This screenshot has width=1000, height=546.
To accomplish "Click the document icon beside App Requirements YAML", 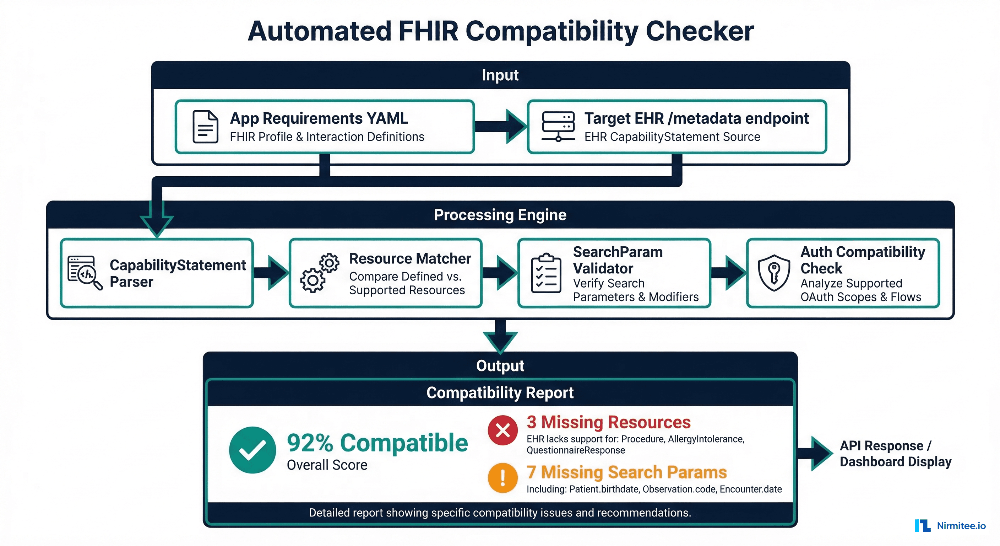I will pos(205,127).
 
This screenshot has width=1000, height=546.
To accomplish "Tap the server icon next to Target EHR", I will pos(558,126).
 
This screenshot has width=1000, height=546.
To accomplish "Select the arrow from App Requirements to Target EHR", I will pos(501,126).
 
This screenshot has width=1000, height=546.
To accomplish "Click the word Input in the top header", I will pos(500,75).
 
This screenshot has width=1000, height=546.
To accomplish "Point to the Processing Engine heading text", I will pos(500,215).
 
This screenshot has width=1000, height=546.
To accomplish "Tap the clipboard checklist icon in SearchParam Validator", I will pos(546,273).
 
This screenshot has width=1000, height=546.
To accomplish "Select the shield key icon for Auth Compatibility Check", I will pos(774,273).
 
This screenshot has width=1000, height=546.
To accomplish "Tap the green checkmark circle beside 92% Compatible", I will pos(252,450).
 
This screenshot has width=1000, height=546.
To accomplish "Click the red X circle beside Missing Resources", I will pos(503,430).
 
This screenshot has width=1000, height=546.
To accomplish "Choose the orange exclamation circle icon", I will pos(503,478).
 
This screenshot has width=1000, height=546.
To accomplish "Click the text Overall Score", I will pos(327,465).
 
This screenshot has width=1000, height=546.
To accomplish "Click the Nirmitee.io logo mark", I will pos(922,525).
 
